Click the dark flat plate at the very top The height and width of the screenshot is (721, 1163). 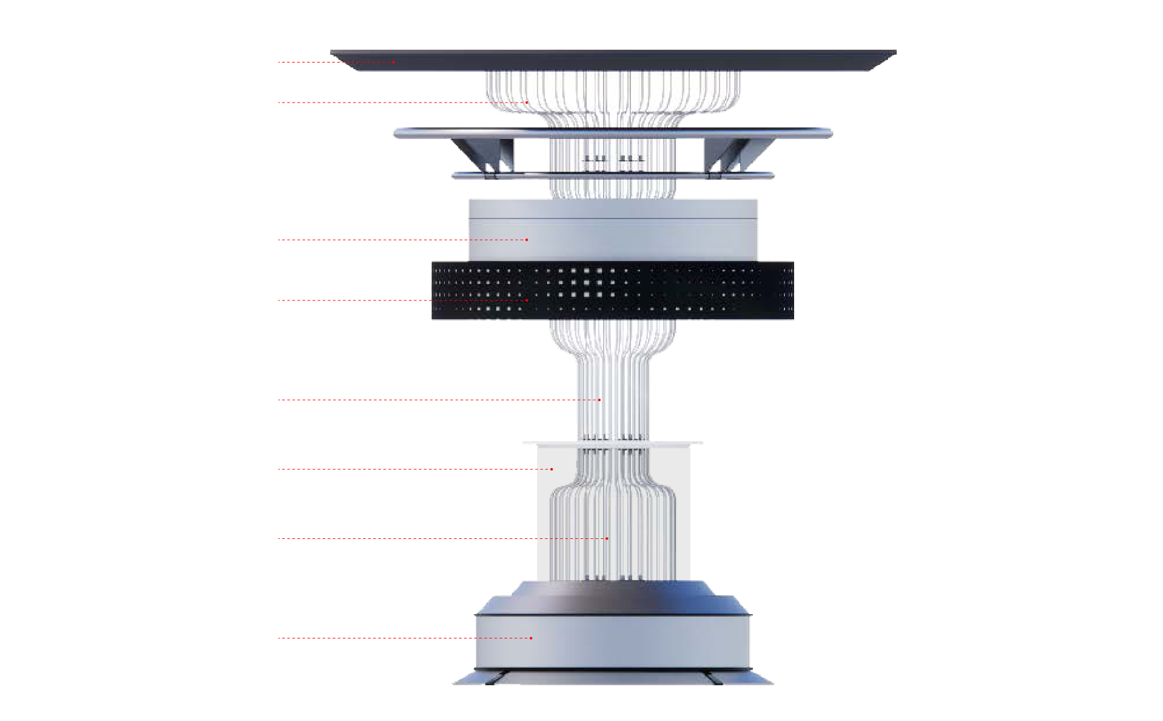coord(613,59)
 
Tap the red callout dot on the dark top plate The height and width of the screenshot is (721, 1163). coord(394,62)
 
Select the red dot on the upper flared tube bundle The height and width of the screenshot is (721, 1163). coord(527,103)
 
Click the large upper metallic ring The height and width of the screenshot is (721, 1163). coord(613,132)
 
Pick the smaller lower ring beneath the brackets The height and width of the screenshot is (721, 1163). coord(613,176)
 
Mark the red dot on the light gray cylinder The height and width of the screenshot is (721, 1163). coord(527,240)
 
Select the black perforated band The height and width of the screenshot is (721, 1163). coord(613,290)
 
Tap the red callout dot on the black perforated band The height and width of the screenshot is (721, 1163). coord(527,300)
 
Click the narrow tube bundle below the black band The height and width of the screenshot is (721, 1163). coord(613,388)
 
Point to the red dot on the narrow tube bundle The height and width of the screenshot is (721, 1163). coord(599,400)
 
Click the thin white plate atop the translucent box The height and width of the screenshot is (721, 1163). coord(613,444)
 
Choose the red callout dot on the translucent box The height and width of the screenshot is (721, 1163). coord(551,469)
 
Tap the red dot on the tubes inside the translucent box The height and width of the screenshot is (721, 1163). coord(607,538)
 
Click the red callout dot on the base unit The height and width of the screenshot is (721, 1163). coord(531,638)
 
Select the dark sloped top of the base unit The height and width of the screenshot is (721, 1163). coord(613,598)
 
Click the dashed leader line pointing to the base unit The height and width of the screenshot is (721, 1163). coord(400,638)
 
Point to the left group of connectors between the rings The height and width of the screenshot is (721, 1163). coord(595,159)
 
